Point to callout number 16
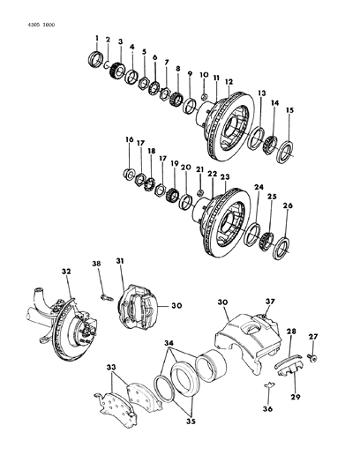point(129,140)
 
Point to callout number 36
point(244,409)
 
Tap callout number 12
point(228,81)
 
